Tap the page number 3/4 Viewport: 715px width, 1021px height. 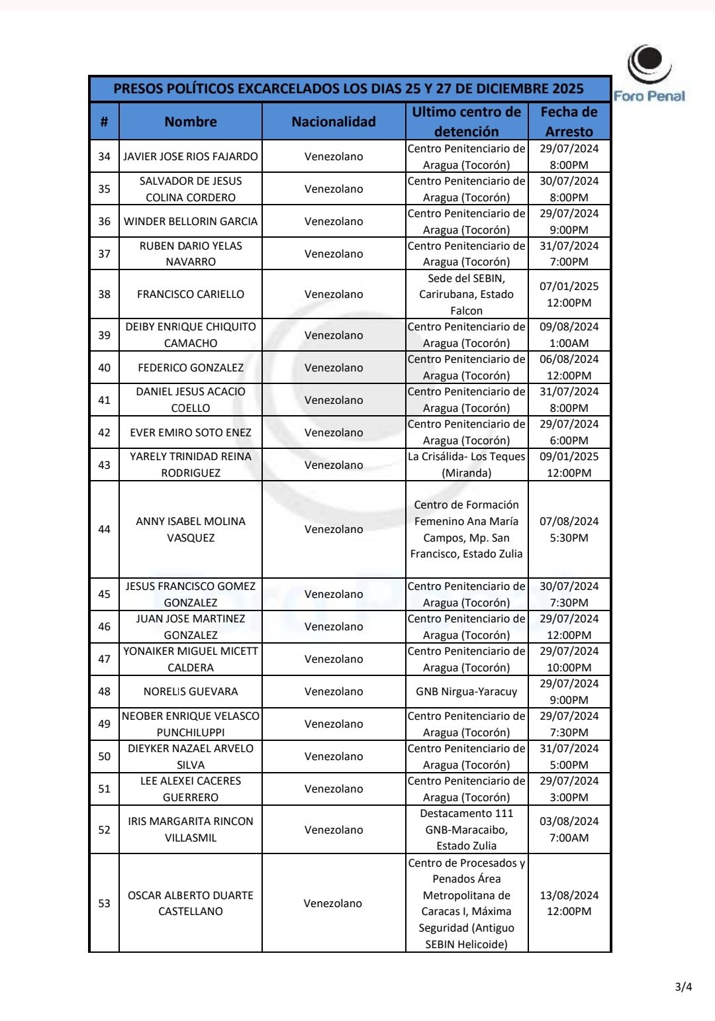[x=683, y=987]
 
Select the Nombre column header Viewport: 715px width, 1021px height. [x=191, y=122]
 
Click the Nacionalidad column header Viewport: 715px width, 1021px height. [x=334, y=122]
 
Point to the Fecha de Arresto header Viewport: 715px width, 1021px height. [x=569, y=122]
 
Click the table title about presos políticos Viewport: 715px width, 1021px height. [x=349, y=89]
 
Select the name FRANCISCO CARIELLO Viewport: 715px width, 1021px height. [x=191, y=294]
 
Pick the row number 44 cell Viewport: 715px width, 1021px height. [x=105, y=529]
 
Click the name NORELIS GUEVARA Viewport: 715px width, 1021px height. [x=191, y=691]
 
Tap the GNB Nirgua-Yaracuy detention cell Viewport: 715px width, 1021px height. [x=467, y=691]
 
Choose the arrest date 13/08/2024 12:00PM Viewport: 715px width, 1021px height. [x=569, y=903]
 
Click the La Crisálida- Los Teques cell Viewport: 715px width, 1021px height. [x=467, y=465]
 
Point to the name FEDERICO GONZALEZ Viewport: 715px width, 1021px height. [x=191, y=367]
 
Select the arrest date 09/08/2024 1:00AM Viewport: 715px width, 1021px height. [x=569, y=335]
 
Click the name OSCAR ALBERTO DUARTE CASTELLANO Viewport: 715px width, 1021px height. [x=191, y=903]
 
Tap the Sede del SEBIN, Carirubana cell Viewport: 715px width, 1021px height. [x=467, y=294]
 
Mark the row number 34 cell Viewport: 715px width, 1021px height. [x=105, y=156]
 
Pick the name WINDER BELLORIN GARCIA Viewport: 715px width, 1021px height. [x=191, y=221]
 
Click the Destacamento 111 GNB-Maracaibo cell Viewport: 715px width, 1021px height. [x=467, y=830]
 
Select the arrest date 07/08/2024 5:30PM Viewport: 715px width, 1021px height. [x=569, y=529]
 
